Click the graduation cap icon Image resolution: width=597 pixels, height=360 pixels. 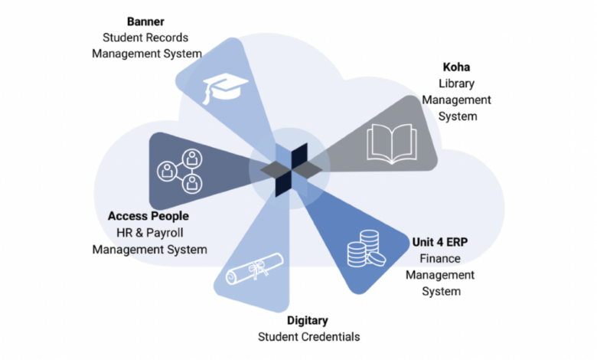point(223,87)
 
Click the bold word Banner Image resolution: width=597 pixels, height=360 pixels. point(146,21)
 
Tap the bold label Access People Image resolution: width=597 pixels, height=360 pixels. point(148,215)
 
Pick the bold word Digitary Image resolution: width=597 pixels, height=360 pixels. point(308,320)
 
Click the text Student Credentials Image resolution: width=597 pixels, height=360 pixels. point(308,336)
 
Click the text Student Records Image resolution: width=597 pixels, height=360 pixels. point(146,37)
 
